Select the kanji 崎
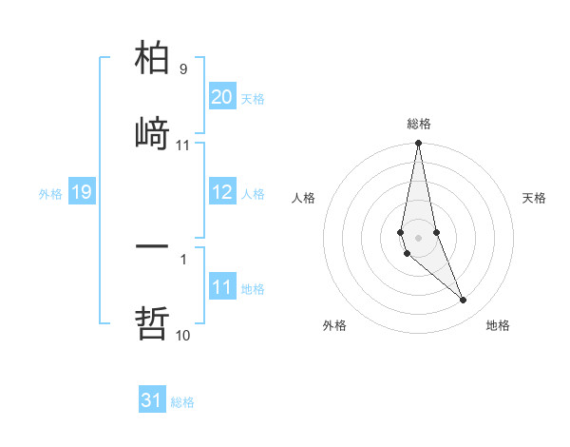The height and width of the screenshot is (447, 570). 152,133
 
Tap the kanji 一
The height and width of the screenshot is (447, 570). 152,246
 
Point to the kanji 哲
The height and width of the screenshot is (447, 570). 152,322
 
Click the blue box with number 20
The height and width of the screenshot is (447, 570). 221,97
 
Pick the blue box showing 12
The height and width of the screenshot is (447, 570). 221,192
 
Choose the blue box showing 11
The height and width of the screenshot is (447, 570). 221,287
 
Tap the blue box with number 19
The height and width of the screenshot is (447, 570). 81,192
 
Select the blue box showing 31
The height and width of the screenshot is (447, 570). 151,400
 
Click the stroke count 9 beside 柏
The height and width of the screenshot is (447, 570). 183,69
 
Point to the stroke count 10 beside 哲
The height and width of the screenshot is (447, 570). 182,335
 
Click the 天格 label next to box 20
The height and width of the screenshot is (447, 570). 253,99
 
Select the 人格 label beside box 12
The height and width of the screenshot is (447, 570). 253,194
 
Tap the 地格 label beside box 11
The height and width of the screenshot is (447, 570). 253,289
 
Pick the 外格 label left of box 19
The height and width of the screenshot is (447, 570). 50,194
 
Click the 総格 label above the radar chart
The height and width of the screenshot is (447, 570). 419,124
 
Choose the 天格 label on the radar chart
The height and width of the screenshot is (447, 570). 535,198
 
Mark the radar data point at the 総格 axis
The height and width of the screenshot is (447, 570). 418,144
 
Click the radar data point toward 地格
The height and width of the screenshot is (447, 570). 464,301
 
